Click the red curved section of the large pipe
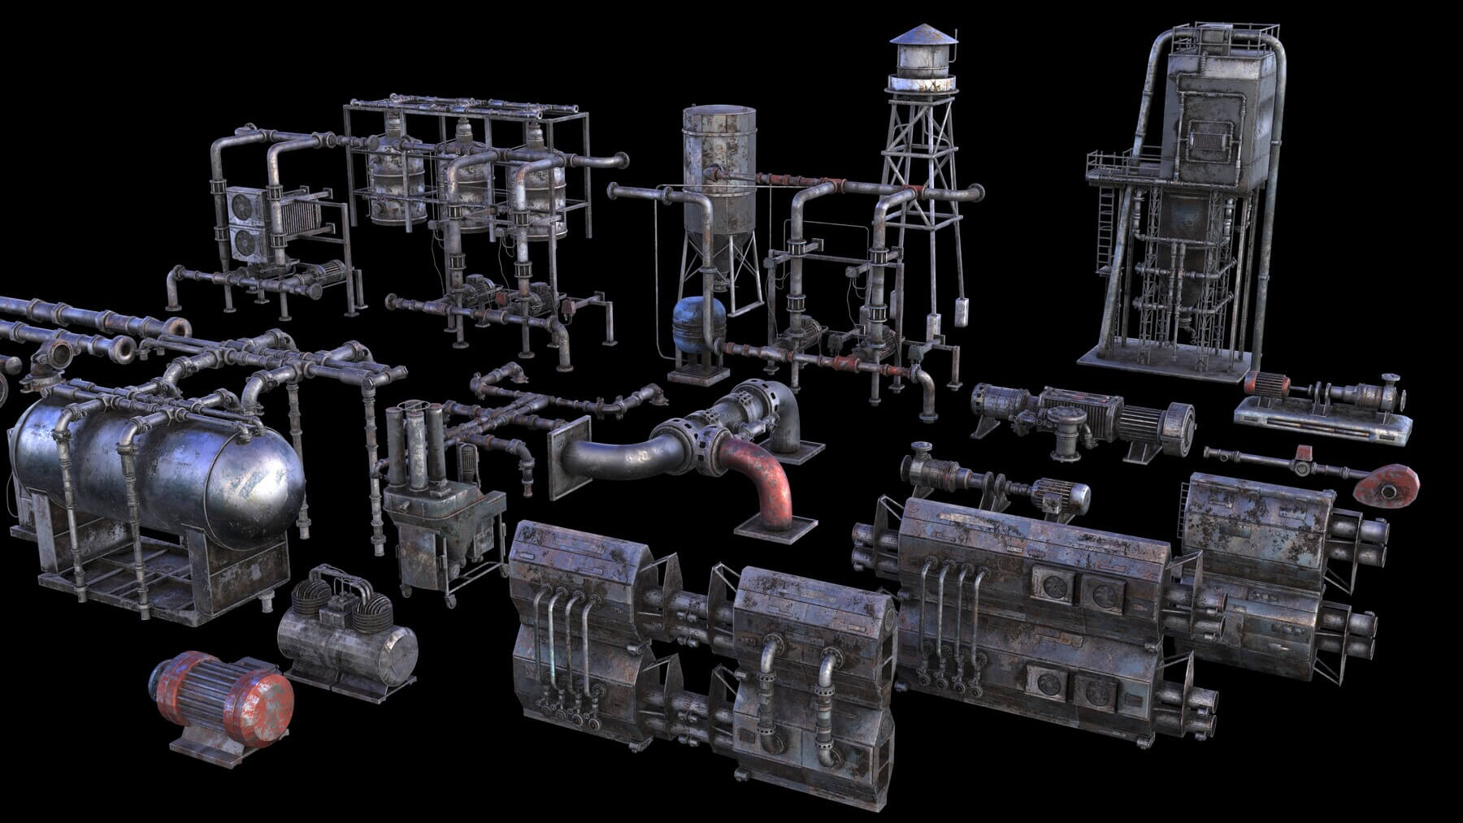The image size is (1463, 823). (x=768, y=479)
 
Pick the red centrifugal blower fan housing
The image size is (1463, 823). (x=1387, y=485)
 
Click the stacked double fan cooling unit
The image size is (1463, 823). (x=243, y=224)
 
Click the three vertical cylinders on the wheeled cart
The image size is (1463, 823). (x=416, y=447)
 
